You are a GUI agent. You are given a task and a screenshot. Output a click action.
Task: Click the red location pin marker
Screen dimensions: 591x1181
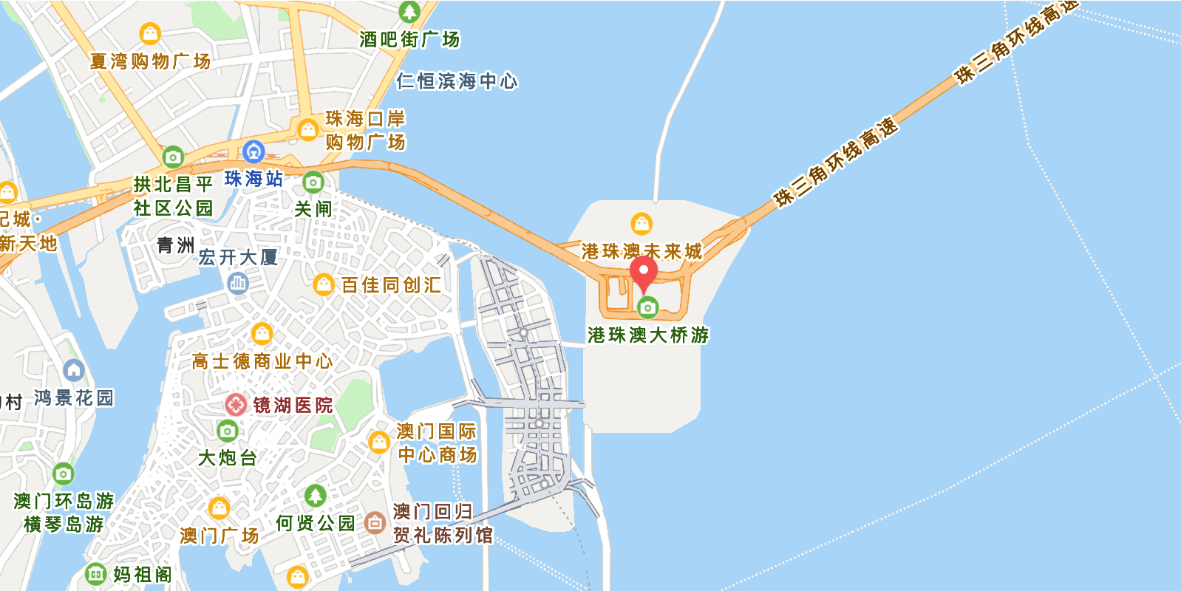click(x=643, y=273)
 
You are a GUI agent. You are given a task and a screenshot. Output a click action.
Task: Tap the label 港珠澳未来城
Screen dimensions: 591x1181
click(x=641, y=252)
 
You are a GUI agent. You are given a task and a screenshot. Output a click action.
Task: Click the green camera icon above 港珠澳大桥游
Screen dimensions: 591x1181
click(x=647, y=307)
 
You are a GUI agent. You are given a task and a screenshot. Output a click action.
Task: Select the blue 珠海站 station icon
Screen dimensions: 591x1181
click(x=253, y=152)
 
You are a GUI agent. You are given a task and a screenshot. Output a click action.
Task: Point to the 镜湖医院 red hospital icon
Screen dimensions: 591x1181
click(x=236, y=404)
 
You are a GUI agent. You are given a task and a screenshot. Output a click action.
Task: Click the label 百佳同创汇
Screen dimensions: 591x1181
click(x=391, y=285)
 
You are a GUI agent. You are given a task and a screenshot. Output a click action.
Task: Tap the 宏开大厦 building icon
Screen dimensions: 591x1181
click(x=237, y=282)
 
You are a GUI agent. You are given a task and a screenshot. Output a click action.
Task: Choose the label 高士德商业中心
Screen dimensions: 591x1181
click(x=262, y=361)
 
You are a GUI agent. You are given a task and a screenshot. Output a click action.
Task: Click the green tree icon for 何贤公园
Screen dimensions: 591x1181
click(x=316, y=496)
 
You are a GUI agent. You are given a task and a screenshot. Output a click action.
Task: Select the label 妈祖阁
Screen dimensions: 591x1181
click(x=142, y=574)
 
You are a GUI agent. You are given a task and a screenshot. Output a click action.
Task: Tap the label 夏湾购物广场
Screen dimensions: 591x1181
click(x=150, y=61)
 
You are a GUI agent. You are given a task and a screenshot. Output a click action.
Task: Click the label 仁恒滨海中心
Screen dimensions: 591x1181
click(x=457, y=81)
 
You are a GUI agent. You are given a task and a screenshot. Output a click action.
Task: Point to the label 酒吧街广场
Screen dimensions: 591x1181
click(x=409, y=39)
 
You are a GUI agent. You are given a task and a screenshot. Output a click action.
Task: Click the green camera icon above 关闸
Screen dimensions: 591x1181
click(x=313, y=182)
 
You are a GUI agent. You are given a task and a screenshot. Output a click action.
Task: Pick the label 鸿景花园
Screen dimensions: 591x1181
click(x=74, y=398)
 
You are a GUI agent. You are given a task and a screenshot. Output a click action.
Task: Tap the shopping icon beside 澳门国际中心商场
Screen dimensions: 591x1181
click(x=379, y=442)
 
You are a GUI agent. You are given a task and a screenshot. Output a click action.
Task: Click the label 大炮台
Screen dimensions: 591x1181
click(x=227, y=458)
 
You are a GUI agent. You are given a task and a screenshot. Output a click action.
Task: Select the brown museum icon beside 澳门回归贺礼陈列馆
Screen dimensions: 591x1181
click(x=375, y=522)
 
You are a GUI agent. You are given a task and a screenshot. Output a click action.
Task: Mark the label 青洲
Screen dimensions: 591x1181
click(x=175, y=245)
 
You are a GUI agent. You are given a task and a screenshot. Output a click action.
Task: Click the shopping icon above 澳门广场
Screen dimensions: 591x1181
click(x=219, y=508)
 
